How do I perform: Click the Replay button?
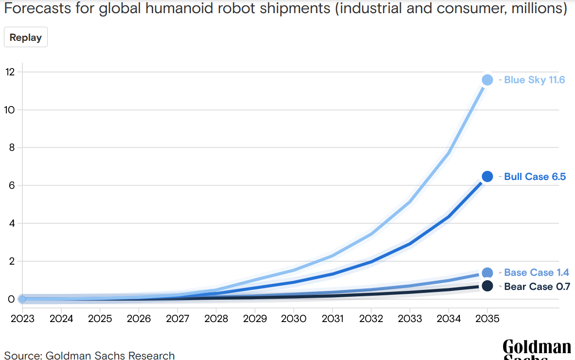25,37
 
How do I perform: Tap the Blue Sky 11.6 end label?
534,80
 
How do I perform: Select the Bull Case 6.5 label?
535,177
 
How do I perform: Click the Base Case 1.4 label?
536,272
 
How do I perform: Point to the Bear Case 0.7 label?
537,287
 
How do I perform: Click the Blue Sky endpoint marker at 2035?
487,80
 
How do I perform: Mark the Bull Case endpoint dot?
487,177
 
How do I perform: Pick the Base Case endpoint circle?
487,273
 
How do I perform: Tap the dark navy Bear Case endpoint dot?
487,286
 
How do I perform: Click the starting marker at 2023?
22,299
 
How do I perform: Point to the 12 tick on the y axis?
10,72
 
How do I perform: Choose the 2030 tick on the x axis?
293,319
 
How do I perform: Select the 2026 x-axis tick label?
139,319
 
